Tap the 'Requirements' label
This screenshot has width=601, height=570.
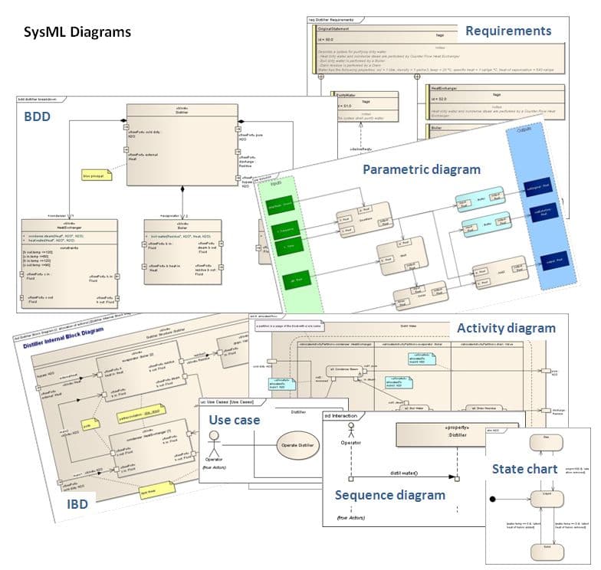pos(508,31)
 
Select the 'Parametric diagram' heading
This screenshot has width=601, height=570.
pos(422,169)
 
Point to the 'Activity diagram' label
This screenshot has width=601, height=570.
pos(506,328)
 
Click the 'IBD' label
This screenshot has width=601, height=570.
pos(77,504)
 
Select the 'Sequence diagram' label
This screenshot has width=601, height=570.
pos(389,495)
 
